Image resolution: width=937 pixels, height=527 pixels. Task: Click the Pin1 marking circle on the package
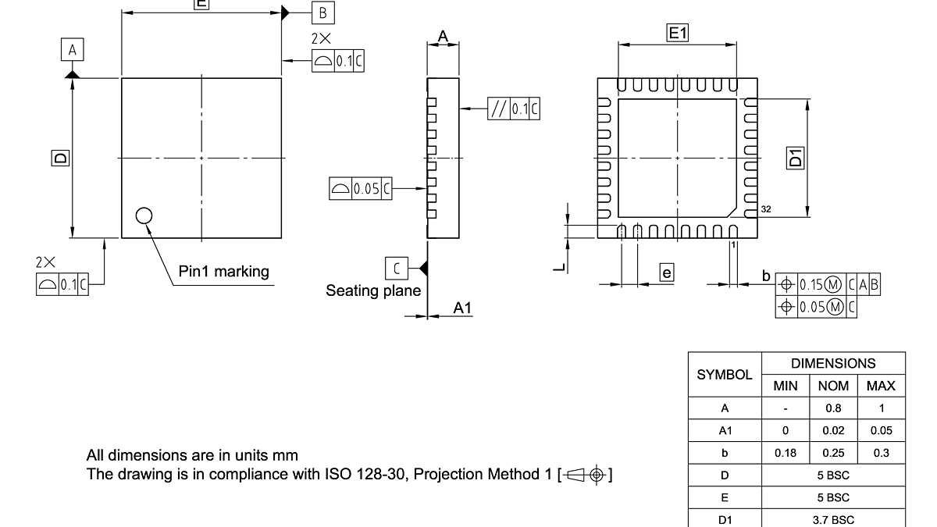pos(144,215)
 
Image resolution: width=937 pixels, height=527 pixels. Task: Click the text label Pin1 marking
pos(224,272)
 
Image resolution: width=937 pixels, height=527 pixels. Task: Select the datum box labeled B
pos(322,12)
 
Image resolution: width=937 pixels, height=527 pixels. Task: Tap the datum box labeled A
pos(73,51)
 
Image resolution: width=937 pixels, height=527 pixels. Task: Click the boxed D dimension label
pos(60,158)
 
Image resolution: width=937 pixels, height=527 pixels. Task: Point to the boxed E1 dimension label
pos(677,33)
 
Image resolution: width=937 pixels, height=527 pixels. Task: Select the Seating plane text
pos(373,291)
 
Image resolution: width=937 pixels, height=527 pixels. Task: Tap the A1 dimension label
pos(463,308)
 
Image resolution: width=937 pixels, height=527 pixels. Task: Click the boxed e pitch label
pos(666,272)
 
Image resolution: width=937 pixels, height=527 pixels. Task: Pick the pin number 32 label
pos(766,211)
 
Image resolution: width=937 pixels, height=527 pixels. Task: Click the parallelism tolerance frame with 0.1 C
pos(513,109)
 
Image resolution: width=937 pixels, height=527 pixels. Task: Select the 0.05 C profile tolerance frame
pos(361,188)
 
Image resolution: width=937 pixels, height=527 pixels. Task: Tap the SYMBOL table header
pos(724,375)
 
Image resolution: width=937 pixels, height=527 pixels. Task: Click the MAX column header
pos(881,386)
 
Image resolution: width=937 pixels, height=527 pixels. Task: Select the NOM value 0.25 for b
pos(832,453)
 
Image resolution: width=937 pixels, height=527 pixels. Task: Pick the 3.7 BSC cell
pos(832,519)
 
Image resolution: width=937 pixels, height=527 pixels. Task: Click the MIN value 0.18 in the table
pos(786,453)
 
